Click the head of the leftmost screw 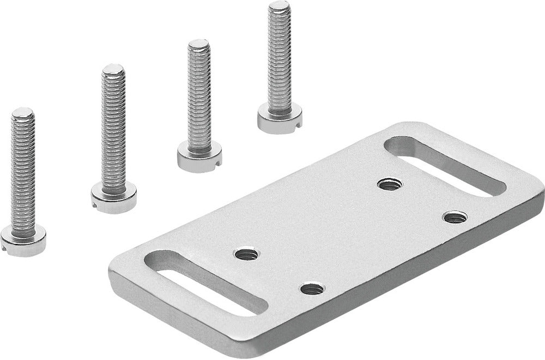point(23,241)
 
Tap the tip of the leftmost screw point(23,113)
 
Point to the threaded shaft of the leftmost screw point(23,175)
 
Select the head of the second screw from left point(114,197)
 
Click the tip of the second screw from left point(113,70)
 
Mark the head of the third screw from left point(199,156)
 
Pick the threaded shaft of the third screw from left point(199,98)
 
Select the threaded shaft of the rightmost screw point(279,60)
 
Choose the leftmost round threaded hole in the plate point(246,254)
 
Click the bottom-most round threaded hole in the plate point(312,289)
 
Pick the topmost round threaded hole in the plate point(390,184)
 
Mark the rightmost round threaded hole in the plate point(455,217)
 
